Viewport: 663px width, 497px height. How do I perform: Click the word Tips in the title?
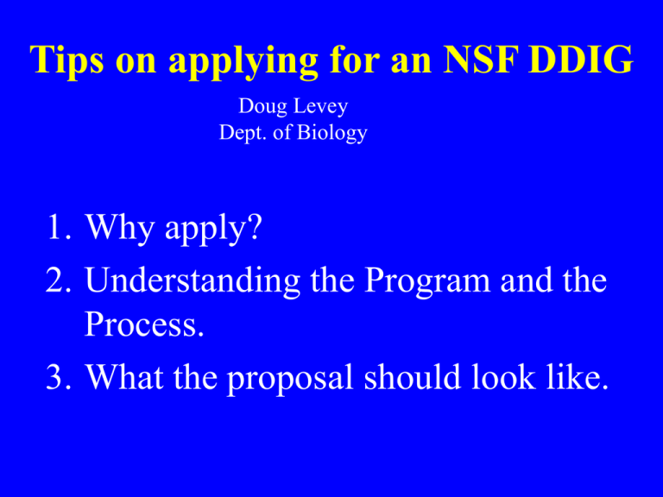coord(66,60)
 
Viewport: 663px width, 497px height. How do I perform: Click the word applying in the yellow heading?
coord(243,62)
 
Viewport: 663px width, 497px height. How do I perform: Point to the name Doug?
coord(263,106)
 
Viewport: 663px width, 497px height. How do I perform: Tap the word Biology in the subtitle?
coord(331,133)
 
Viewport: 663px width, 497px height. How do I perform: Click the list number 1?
coord(59,227)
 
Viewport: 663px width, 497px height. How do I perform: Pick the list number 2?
coord(58,280)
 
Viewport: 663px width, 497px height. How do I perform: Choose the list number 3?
coord(59,376)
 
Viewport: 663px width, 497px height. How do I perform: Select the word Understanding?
coord(193,280)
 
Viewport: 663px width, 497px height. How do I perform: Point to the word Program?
coord(427,281)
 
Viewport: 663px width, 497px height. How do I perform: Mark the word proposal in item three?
coord(290,378)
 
